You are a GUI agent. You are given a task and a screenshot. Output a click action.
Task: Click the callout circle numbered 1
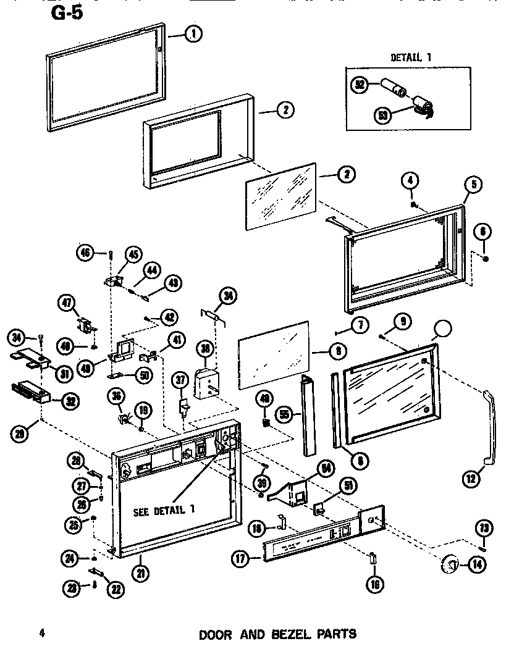point(193,35)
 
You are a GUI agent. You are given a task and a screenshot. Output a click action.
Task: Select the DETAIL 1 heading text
point(411,57)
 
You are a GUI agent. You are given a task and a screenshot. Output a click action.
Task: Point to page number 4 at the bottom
point(42,633)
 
